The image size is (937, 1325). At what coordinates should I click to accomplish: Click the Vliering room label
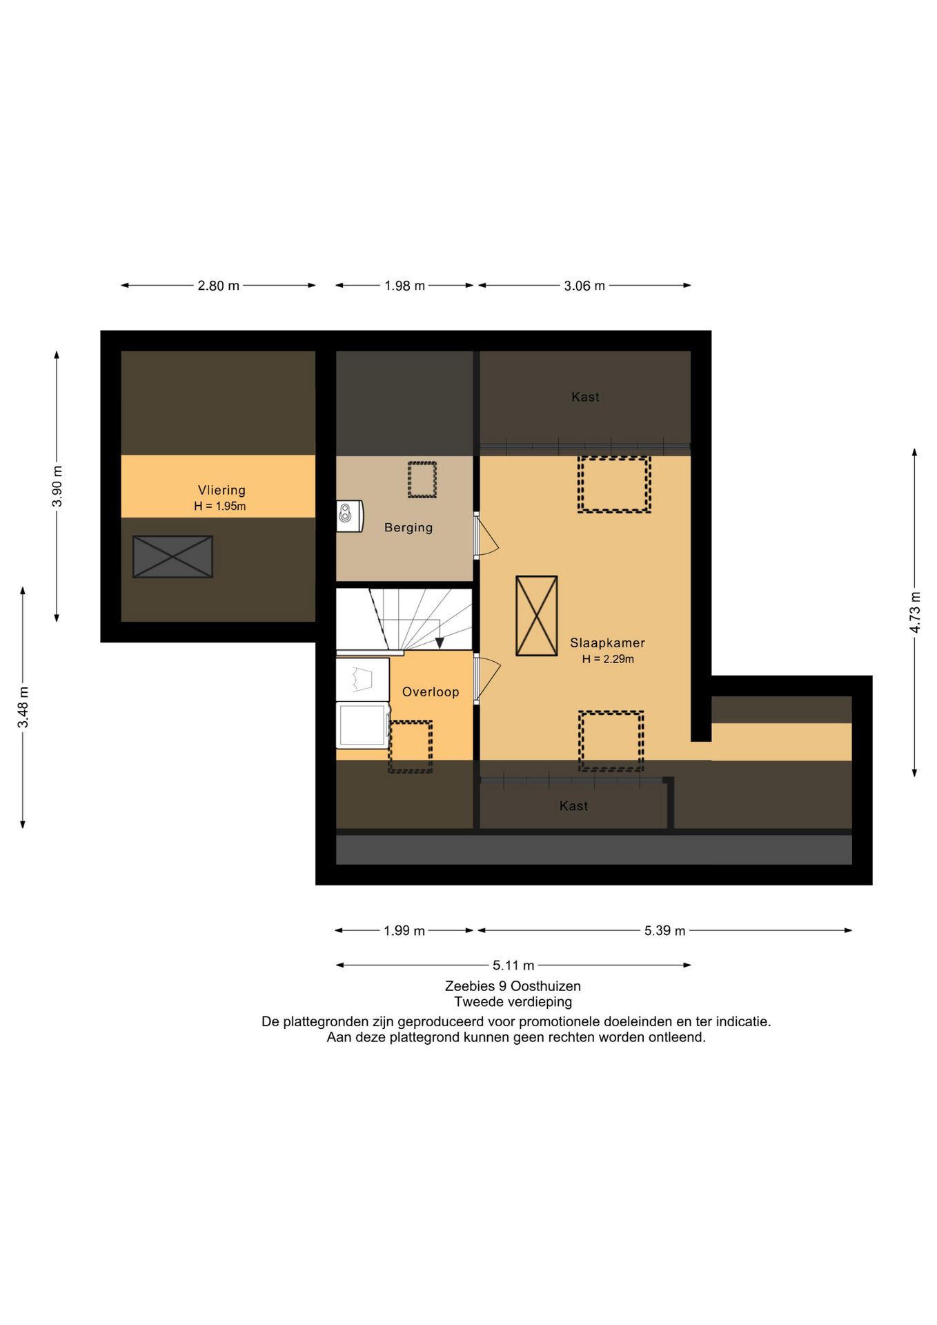221,490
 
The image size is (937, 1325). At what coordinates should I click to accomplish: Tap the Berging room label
408,528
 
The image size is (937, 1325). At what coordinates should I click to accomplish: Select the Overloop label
431,692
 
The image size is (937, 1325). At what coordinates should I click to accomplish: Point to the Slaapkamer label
607,643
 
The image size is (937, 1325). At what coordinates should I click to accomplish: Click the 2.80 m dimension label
218,286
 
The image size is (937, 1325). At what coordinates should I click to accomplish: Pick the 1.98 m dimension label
404,286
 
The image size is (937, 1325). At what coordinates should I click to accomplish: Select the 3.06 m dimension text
584,286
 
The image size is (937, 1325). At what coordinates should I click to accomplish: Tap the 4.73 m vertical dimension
915,612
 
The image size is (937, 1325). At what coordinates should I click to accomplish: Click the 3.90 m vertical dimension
57,487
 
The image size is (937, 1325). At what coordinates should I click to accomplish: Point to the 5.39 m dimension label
665,930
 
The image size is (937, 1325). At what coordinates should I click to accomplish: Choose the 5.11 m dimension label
513,965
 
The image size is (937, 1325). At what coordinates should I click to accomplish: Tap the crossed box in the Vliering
172,557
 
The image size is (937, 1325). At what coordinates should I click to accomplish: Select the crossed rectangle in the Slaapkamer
537,616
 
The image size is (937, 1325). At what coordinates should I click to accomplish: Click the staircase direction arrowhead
440,643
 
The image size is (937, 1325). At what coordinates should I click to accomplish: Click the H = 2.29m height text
608,659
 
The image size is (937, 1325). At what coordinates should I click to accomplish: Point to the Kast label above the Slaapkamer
585,397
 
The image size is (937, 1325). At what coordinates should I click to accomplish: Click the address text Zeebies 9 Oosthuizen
513,986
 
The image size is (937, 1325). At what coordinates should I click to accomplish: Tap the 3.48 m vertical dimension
23,707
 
